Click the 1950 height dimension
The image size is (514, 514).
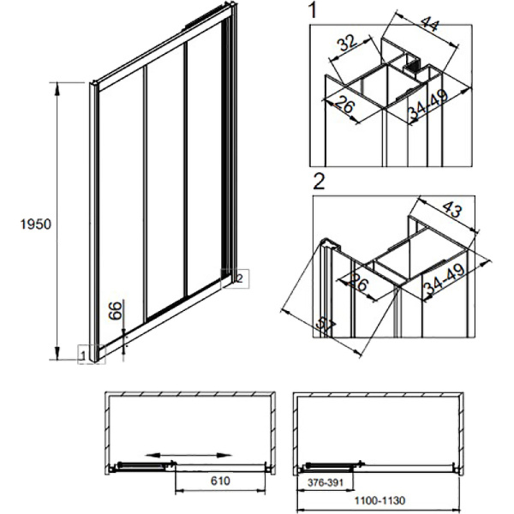36,224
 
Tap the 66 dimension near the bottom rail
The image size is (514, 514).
115,311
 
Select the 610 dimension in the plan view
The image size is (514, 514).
220,481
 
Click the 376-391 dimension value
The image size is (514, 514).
326,482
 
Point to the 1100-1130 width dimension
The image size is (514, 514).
380,500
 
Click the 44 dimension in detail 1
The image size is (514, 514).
430,24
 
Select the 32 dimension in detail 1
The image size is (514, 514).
347,43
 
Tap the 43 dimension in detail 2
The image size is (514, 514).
452,209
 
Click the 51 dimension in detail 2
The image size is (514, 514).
326,326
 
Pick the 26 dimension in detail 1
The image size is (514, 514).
345,105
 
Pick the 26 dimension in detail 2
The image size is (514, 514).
359,282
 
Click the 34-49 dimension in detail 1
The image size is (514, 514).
428,105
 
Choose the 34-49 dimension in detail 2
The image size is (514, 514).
444,279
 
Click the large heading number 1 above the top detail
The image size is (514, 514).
313,9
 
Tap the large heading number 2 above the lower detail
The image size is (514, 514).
319,182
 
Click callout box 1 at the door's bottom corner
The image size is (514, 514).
92,355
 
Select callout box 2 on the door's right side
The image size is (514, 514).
235,278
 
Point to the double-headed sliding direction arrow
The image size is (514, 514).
188,455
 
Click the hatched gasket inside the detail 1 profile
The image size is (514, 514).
412,67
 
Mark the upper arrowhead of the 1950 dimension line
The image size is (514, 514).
57,89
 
